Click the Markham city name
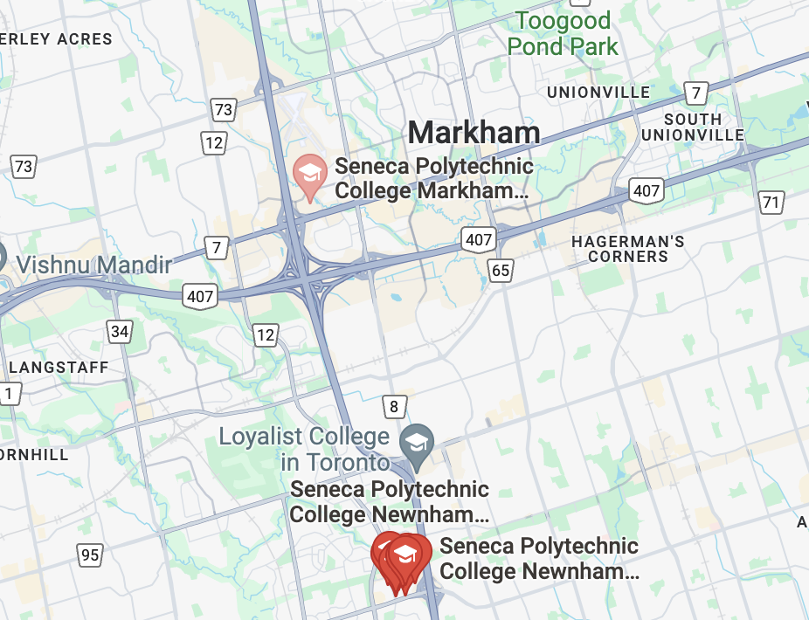(x=474, y=133)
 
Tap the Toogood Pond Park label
(x=564, y=33)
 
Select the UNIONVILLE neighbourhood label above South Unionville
(x=598, y=92)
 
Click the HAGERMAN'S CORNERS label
(x=628, y=249)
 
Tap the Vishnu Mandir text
(x=94, y=265)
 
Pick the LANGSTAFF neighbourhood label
(x=59, y=368)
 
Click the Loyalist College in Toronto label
(x=304, y=448)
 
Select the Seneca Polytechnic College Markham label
(x=433, y=178)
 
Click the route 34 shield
(x=120, y=331)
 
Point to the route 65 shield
(x=501, y=271)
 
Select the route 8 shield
(x=394, y=406)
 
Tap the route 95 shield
(x=89, y=555)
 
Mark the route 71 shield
(x=771, y=203)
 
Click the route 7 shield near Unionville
(x=696, y=93)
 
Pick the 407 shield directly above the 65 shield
(x=480, y=238)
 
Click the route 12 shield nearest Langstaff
(x=266, y=334)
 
